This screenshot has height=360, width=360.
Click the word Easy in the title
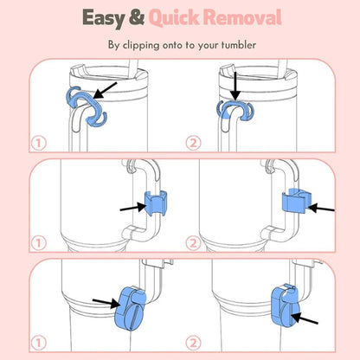(x=103, y=18)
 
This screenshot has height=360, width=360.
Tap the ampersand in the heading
(x=137, y=17)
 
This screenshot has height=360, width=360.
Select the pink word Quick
(x=174, y=18)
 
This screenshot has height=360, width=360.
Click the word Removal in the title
(x=242, y=17)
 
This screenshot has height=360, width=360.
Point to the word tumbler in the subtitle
(x=239, y=45)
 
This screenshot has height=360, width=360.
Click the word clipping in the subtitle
(x=141, y=46)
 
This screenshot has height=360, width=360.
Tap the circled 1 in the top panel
(x=39, y=143)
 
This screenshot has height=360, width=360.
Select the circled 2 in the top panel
(x=193, y=143)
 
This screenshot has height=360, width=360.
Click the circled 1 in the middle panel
(x=39, y=243)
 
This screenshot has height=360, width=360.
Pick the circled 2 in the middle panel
(x=193, y=243)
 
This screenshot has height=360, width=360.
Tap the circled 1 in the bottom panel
(x=39, y=344)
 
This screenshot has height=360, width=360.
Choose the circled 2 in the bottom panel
(x=193, y=344)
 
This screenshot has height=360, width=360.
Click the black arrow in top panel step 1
(x=105, y=91)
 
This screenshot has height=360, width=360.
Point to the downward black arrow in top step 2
(x=235, y=86)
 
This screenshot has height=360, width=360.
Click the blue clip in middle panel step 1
(x=155, y=203)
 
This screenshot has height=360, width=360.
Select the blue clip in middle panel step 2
(x=295, y=201)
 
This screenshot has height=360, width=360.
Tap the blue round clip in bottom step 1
(x=131, y=308)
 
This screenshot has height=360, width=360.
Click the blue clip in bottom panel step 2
(x=285, y=306)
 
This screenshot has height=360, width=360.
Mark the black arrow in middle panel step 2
(x=321, y=208)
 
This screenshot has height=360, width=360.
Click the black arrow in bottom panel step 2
(x=305, y=318)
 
